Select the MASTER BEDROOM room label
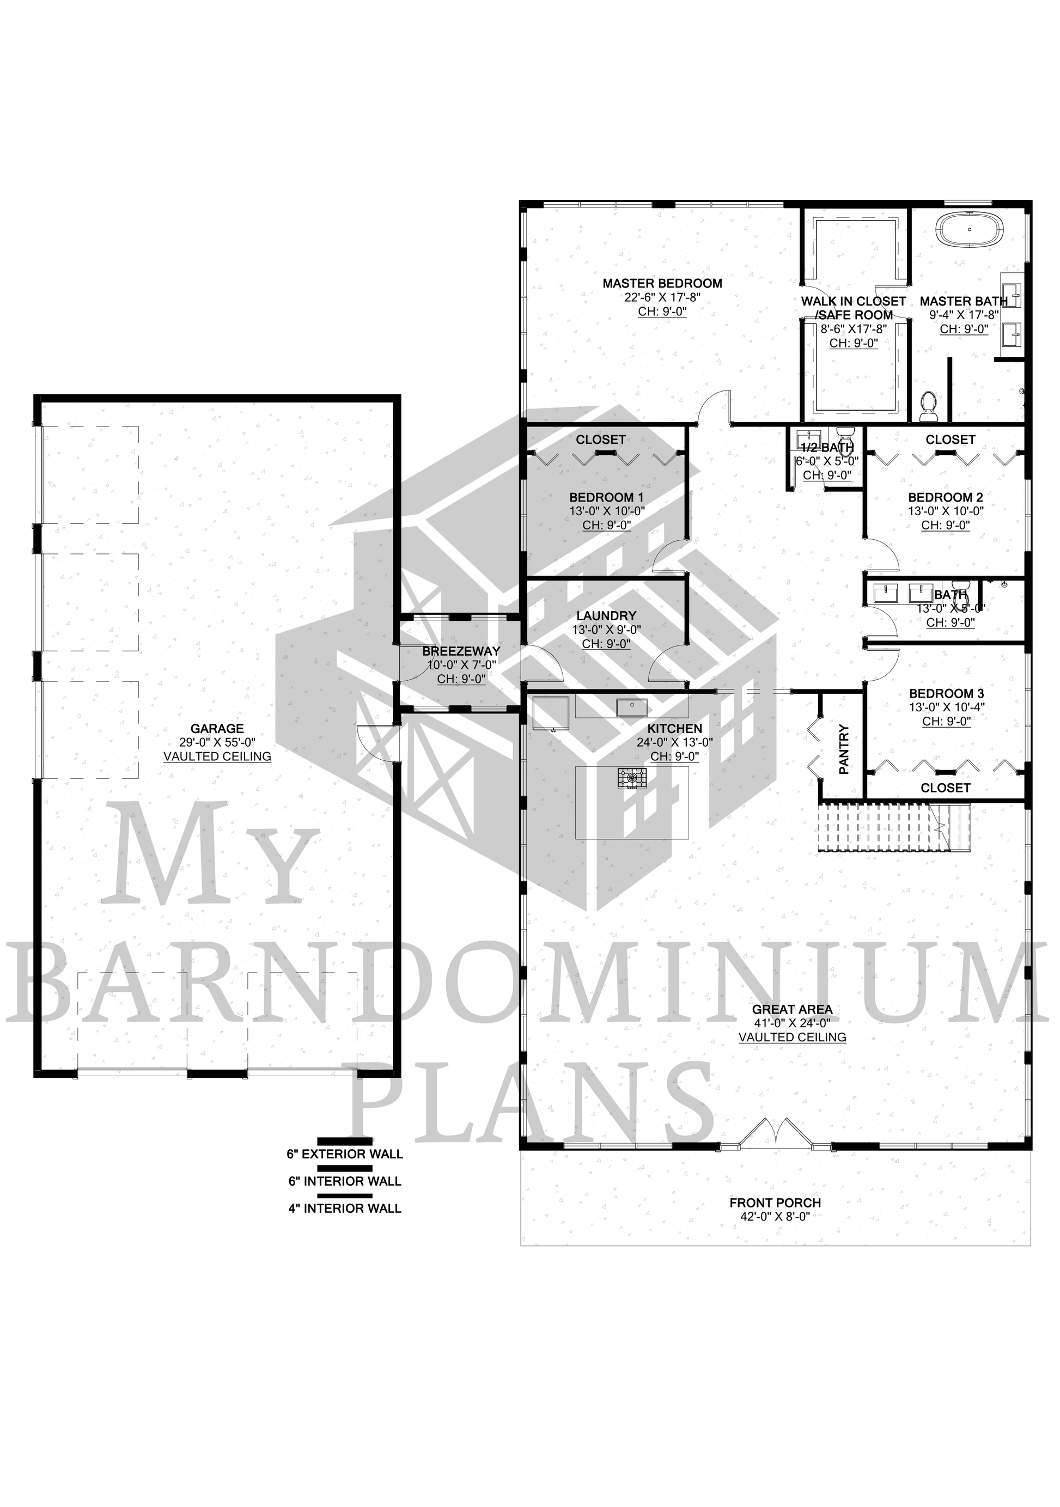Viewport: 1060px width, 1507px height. [662, 284]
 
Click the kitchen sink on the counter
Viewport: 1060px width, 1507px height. [632, 707]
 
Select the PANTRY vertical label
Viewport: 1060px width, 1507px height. [844, 749]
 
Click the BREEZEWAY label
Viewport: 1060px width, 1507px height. [461, 652]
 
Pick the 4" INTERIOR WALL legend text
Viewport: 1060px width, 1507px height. [345, 1227]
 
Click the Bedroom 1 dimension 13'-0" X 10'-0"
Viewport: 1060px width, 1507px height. [606, 511]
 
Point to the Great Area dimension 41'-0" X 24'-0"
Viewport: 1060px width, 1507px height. [792, 1023]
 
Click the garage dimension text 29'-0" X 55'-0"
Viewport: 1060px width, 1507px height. [217, 742]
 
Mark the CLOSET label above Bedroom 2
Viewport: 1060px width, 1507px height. [951, 440]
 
